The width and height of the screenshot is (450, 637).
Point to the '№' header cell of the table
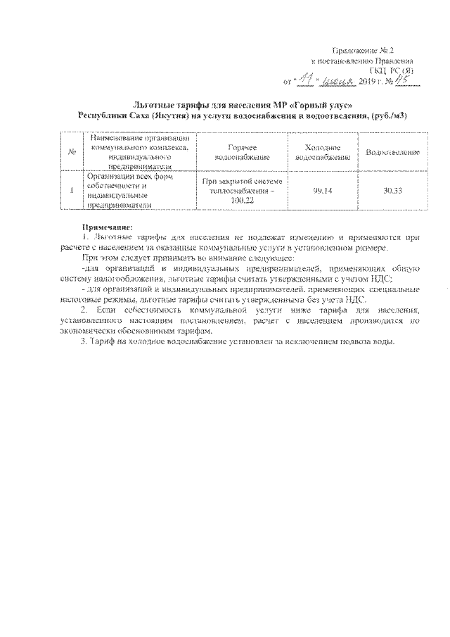click(72, 152)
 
